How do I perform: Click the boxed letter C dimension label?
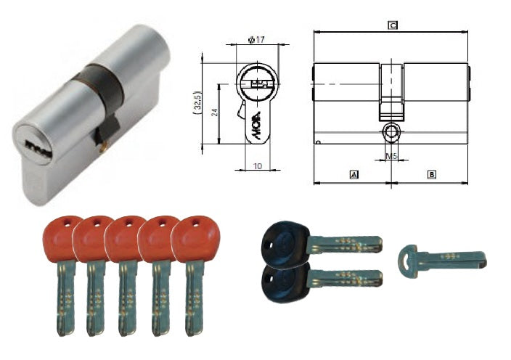tap(393, 25)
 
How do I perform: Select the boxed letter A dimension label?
tap(354, 175)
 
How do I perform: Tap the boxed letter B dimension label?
tap(431, 175)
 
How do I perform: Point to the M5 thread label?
tap(391, 156)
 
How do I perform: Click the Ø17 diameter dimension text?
tap(256, 40)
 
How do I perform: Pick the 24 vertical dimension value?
tap(214, 112)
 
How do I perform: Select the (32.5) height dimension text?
tap(197, 102)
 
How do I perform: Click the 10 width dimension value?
tap(258, 166)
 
